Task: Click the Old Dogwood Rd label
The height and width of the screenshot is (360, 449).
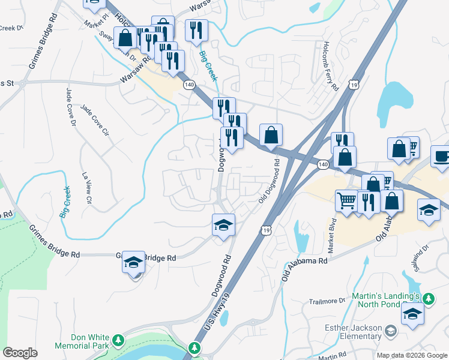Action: coord(270,179)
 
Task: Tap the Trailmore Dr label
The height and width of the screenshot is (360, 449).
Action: coord(327,300)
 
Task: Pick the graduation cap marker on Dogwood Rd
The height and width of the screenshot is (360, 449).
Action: coord(223,225)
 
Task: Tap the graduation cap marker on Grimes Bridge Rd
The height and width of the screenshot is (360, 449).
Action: coord(134,262)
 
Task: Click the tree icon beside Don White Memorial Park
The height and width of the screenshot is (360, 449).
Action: coord(119,341)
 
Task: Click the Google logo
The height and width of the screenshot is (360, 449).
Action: coord(20,353)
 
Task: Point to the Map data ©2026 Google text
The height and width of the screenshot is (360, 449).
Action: coord(412,355)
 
